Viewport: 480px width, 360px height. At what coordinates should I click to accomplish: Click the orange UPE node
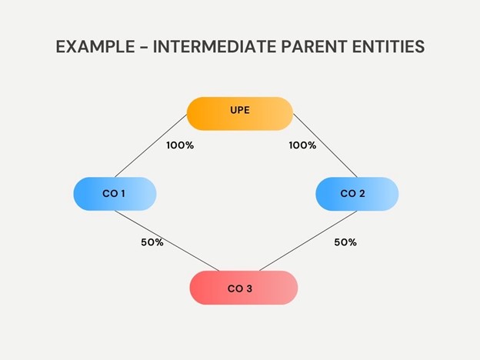239,112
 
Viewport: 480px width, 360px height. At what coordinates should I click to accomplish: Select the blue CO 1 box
115,193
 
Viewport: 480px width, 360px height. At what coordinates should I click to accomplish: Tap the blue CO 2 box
357,193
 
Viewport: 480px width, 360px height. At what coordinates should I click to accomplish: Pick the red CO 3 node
243,288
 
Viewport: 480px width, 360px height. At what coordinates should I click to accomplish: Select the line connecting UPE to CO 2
325,146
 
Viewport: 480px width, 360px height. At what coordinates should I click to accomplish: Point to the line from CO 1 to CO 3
168,240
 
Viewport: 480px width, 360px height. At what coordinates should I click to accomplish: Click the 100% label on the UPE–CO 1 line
179,145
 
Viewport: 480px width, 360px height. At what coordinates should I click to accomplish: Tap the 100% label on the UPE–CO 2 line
302,145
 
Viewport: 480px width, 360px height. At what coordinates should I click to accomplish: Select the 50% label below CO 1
152,242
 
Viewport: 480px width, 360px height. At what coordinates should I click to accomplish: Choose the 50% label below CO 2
345,242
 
